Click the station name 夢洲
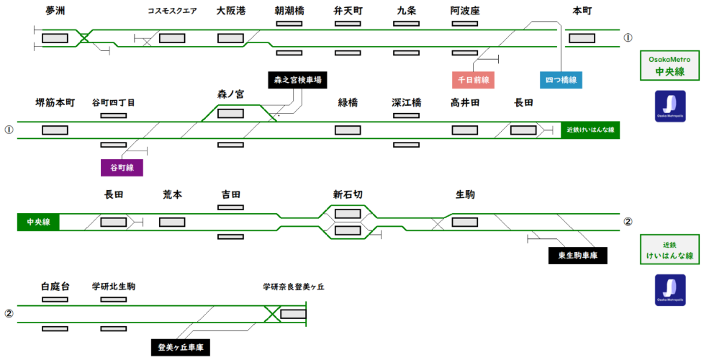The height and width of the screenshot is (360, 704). pos(55,11)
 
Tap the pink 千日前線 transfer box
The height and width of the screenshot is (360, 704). pos(473,80)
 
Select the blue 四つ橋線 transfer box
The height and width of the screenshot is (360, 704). pos(561,80)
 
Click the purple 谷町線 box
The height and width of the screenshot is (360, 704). pos(122,168)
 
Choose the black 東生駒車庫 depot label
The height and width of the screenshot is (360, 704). pos(577,255)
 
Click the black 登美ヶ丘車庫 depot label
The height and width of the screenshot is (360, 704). pos(180,348)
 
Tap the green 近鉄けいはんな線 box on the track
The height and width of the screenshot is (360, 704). pos(590,130)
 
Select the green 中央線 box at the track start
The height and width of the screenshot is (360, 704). pos(38,222)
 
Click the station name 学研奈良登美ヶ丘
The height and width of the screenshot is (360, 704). pos(293,287)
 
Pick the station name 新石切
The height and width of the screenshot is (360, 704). pos(348,195)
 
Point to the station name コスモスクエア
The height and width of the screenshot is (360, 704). pos(172,12)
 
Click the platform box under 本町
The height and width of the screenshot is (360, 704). pos(582,38)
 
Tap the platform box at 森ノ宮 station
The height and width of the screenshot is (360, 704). pos(230,113)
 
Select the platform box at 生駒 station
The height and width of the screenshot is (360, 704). pos(464,222)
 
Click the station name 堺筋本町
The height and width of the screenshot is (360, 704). pos(55,103)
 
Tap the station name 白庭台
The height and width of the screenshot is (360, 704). pos(55,287)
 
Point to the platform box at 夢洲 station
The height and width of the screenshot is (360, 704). pos(55,38)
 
